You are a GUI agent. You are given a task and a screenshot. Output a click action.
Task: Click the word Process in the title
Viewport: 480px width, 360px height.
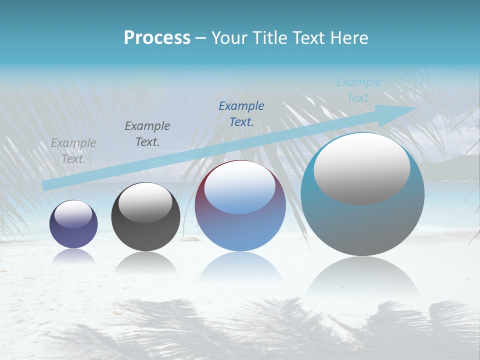(157, 37)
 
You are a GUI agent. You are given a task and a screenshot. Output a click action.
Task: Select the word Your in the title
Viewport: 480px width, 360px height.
(230, 37)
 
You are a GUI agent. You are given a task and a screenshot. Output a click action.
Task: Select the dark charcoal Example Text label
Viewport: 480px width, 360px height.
(147, 134)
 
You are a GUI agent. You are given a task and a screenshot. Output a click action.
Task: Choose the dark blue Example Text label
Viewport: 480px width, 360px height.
(241, 114)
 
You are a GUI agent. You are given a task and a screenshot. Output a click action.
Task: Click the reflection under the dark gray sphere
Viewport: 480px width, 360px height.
(145, 262)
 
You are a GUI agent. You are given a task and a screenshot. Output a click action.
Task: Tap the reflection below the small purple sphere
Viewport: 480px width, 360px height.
(73, 256)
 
